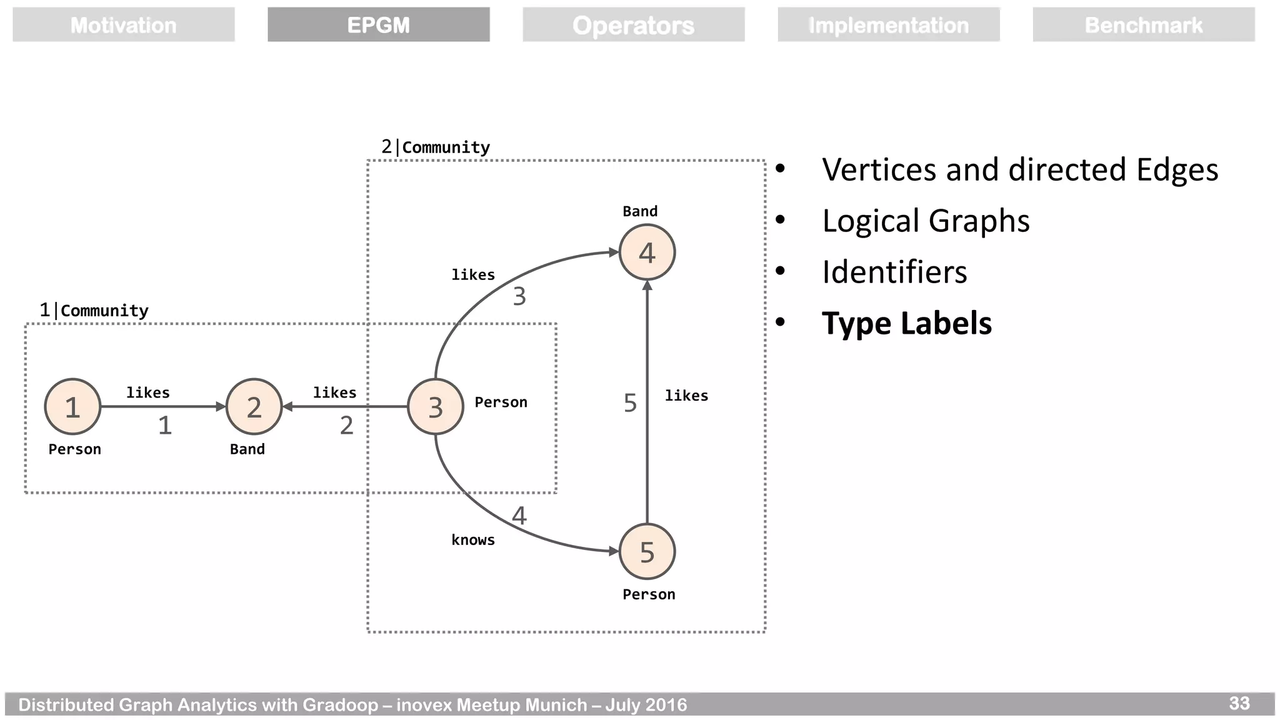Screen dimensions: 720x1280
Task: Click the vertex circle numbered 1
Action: pos(72,407)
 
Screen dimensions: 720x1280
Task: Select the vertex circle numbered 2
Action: pos(254,407)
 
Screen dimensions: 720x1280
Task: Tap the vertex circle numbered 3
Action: pos(435,407)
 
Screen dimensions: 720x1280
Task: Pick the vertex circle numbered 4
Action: pos(647,252)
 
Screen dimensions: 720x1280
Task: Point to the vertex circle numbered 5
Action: pos(647,551)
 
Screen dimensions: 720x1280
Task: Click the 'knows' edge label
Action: pos(472,540)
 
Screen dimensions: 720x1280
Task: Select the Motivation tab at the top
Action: pos(123,25)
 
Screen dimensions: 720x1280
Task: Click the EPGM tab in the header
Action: pos(378,25)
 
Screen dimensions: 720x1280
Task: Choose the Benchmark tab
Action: pos(1143,25)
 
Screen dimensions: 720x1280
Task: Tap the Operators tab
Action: pos(633,25)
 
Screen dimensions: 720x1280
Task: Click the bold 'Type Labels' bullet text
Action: pos(906,323)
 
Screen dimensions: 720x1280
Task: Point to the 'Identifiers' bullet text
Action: pos(894,272)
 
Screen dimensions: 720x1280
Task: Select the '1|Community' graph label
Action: pos(94,310)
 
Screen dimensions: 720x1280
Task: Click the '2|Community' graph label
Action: pos(436,147)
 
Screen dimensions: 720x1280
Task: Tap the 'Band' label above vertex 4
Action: pos(640,211)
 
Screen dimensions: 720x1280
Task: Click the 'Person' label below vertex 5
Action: pos(649,594)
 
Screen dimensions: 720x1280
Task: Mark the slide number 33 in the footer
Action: pos(1239,703)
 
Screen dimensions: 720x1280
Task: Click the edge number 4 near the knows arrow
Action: pos(519,516)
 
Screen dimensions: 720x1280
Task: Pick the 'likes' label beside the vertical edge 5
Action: pos(686,396)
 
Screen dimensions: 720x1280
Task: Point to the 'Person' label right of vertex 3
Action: pos(501,402)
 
